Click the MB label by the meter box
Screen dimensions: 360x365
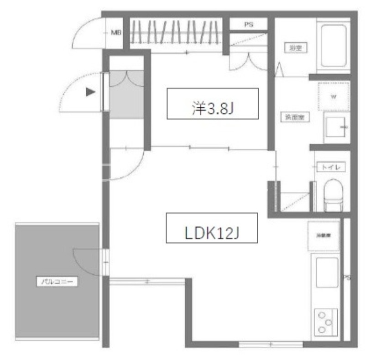(116, 33)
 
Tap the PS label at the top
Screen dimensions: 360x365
(248, 25)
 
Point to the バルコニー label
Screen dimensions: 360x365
(57, 282)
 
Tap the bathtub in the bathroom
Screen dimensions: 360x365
(333, 46)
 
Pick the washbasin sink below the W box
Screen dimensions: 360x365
(335, 127)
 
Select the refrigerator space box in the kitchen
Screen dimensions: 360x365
(323, 236)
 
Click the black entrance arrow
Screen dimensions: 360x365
(91, 92)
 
